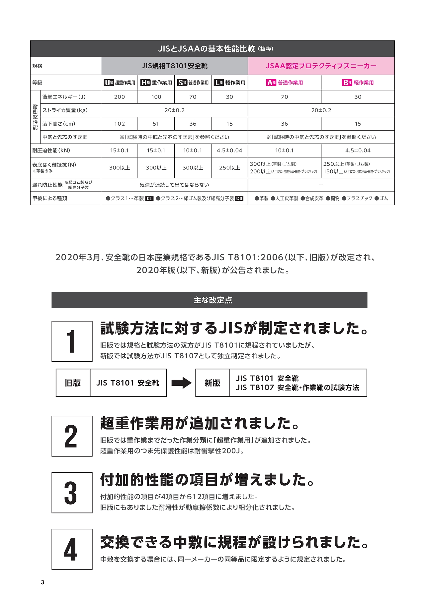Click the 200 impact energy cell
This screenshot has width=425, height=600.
[120, 97]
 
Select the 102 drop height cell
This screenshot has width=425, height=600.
[120, 124]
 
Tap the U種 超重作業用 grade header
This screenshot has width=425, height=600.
[120, 83]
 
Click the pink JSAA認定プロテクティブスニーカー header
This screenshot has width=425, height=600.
[321, 66]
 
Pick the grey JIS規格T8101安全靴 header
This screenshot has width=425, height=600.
[174, 66]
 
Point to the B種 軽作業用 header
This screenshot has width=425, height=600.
[358, 83]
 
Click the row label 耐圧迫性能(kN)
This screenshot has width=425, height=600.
[51, 150]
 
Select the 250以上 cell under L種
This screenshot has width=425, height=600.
[229, 168]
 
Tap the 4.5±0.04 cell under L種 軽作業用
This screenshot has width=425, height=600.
[229, 150]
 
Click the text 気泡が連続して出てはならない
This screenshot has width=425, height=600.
[174, 185]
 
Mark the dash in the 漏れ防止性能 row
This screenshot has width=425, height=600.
[321, 185]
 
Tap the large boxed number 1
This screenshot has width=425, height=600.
[72, 341]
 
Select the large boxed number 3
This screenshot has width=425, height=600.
[72, 493]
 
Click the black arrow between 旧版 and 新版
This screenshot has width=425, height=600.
[181, 383]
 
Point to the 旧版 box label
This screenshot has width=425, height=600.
[73, 383]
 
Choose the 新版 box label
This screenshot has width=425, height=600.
[212, 383]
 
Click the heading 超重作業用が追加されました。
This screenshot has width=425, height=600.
[200, 423]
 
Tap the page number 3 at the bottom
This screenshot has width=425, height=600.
[42, 582]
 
